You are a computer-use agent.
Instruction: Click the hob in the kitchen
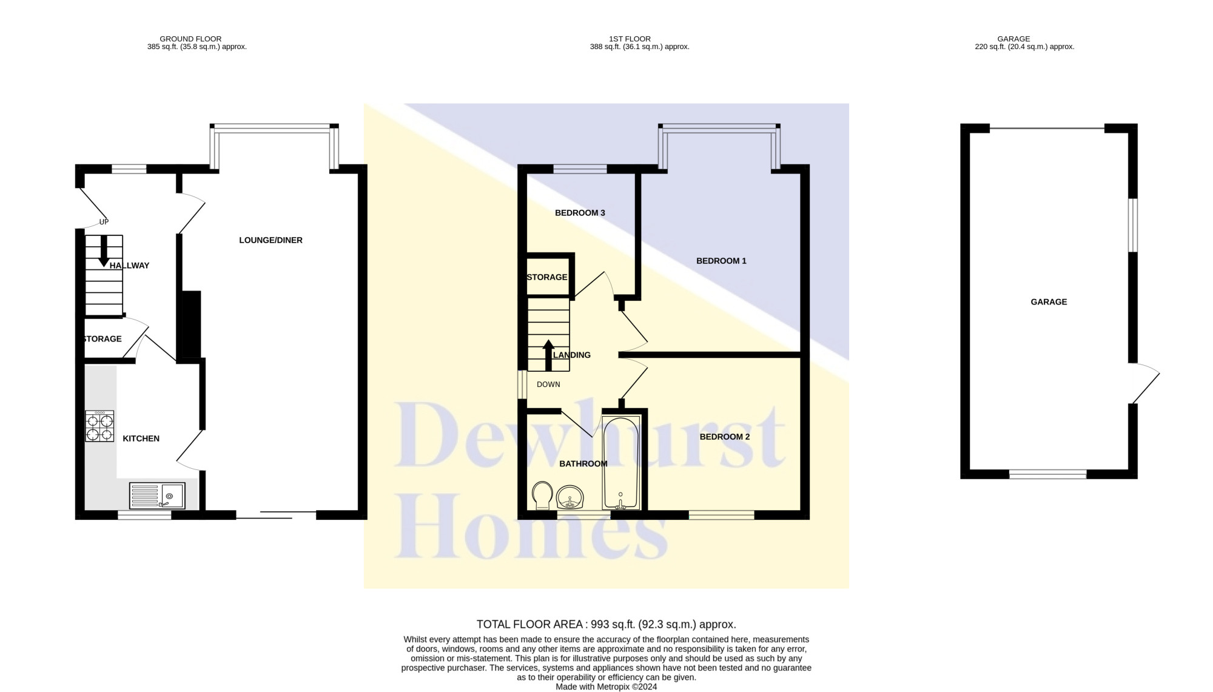(99, 426)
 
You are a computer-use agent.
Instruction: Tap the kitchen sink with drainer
(157, 495)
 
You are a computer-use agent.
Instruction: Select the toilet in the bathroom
(542, 495)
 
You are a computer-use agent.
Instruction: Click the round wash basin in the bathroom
(570, 497)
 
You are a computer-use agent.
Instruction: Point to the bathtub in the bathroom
(621, 463)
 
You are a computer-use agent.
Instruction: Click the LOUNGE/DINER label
(270, 240)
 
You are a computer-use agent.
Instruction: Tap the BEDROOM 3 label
(580, 213)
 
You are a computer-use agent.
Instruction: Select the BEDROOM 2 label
(725, 437)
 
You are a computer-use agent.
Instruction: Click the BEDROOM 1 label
(721, 261)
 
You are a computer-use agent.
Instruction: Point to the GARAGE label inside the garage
(1049, 302)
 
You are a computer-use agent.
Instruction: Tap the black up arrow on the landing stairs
(548, 355)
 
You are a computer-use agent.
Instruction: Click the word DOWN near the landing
(548, 385)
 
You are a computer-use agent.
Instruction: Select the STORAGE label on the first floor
(547, 277)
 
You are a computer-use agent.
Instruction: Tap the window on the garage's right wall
(1132, 225)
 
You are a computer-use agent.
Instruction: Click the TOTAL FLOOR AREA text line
(606, 624)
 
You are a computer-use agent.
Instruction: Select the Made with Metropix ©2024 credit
(606, 687)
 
